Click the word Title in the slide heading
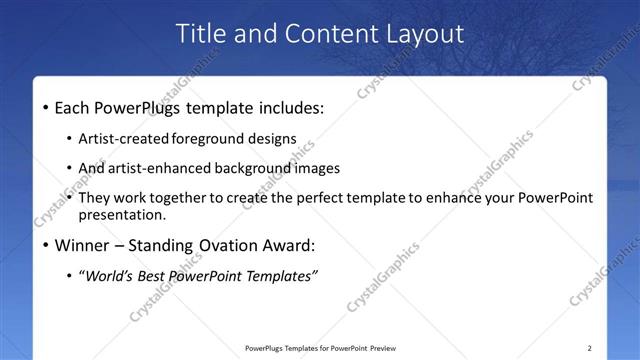click(x=200, y=33)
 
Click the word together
click(x=185, y=198)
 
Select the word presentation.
click(x=128, y=214)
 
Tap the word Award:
click(x=290, y=245)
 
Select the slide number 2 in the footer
click(x=590, y=348)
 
